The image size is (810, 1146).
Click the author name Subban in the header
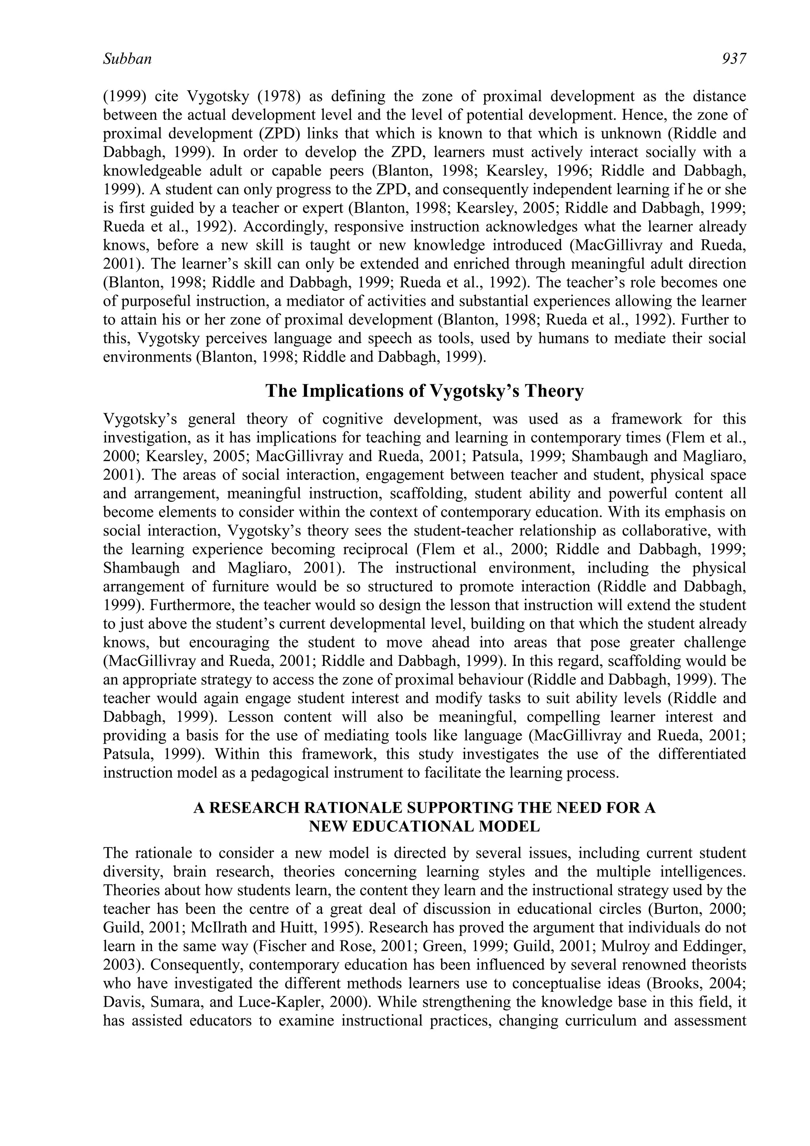(x=127, y=59)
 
